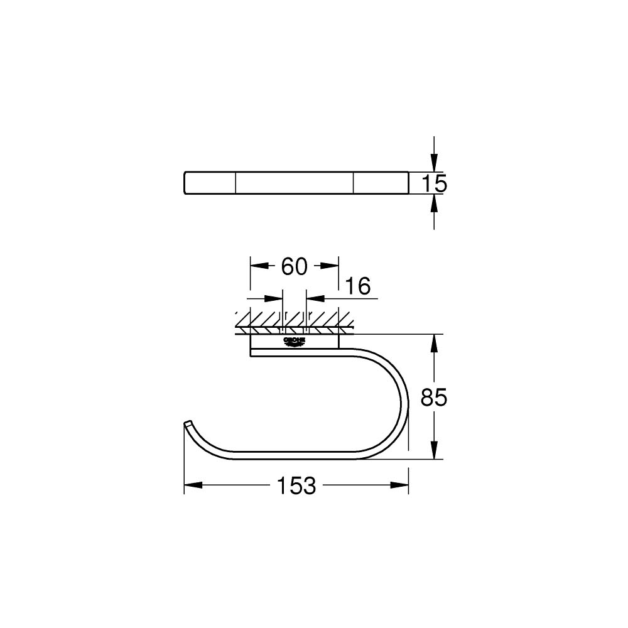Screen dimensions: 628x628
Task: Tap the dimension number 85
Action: pyautogui.click(x=433, y=397)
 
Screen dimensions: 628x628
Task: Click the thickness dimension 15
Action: pyautogui.click(x=433, y=183)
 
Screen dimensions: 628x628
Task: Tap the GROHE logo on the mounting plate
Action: pyautogui.click(x=294, y=341)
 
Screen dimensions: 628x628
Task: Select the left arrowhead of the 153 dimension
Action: pyautogui.click(x=192, y=485)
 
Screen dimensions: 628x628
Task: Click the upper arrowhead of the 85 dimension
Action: pyautogui.click(x=433, y=343)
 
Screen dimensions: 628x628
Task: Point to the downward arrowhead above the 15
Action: pyautogui.click(x=433, y=163)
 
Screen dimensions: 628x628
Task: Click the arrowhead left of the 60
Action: pyautogui.click(x=257, y=266)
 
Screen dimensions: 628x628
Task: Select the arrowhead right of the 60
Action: pyautogui.click(x=331, y=266)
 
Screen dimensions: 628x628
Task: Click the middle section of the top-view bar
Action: pyautogui.click(x=294, y=183)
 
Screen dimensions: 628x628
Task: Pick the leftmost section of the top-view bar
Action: pyautogui.click(x=210, y=183)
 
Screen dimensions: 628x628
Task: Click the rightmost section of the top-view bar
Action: pyautogui.click(x=381, y=183)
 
